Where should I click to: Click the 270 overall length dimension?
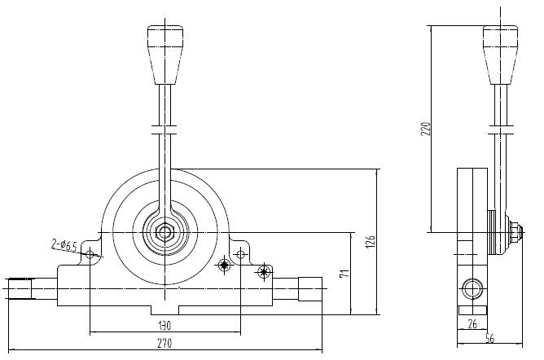coord(165,345)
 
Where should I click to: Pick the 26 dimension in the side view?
coord(473,324)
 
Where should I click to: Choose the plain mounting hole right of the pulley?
coord(239,256)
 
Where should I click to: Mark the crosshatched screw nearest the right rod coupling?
coord(263,271)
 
